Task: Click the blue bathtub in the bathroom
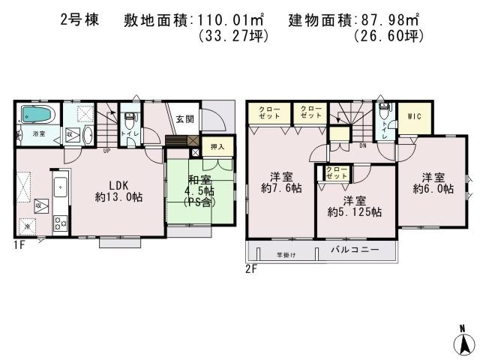36,115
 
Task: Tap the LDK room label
118,184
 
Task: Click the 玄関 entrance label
185,119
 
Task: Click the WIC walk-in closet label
414,116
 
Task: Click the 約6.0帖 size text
434,189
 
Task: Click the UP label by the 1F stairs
107,150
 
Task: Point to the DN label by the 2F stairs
362,145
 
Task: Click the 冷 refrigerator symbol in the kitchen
28,226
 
